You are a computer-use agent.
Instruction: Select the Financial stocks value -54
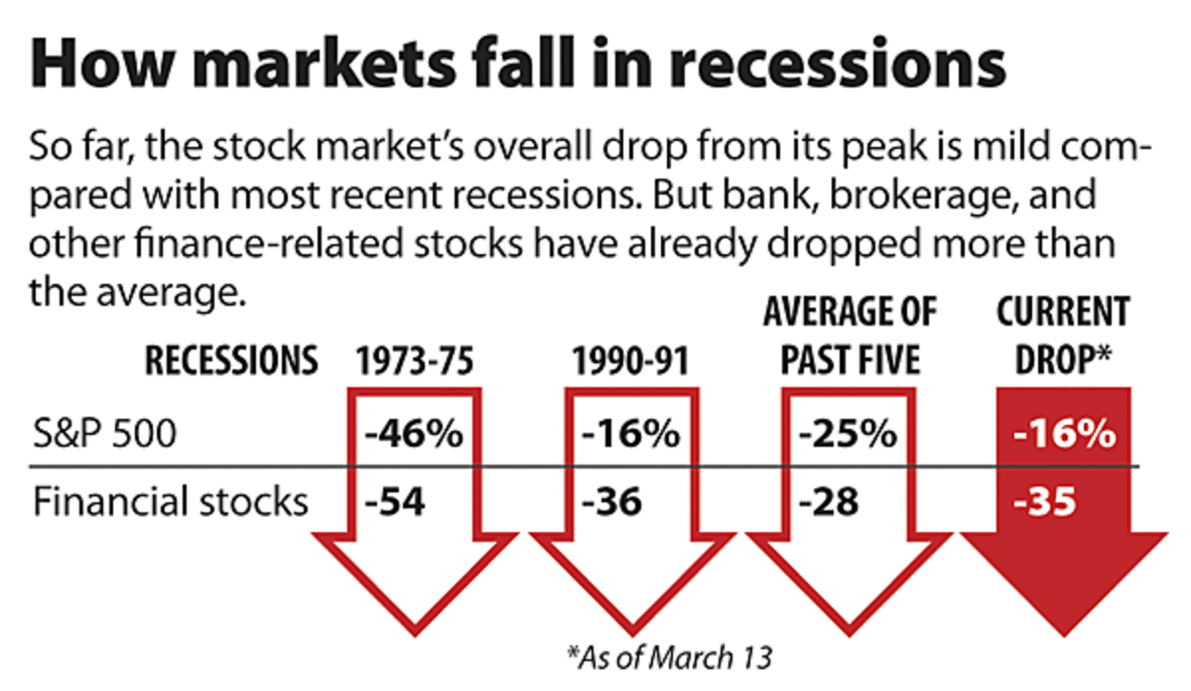click(395, 501)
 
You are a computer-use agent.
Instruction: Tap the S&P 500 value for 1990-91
click(630, 435)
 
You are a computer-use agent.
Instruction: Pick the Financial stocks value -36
click(611, 501)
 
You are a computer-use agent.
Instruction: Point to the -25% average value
click(847, 435)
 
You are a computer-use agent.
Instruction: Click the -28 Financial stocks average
click(828, 501)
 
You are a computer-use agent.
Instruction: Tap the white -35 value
click(1045, 501)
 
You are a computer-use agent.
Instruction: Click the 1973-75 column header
click(414, 362)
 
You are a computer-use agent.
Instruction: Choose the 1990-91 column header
click(629, 362)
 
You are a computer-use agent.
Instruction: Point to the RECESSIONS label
click(231, 362)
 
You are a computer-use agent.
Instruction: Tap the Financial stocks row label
click(170, 501)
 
